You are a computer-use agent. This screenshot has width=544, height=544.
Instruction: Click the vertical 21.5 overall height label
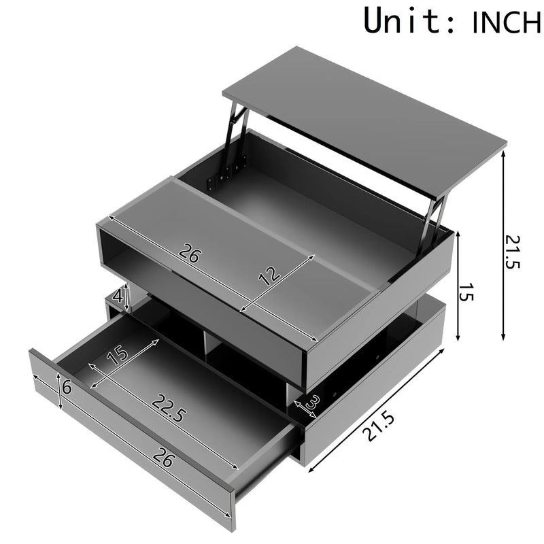[x=513, y=252]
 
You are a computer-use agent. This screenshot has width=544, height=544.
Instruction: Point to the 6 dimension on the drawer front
[x=67, y=389]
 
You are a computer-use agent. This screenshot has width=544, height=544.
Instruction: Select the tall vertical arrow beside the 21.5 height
[x=503, y=245]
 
